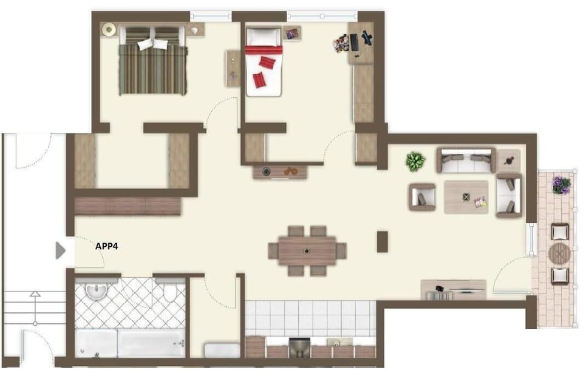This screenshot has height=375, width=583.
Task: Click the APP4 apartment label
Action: (107, 247)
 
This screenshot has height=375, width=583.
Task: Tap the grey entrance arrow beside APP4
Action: (60, 250)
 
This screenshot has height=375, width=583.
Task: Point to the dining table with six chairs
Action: (307, 250)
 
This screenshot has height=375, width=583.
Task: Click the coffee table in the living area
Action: (466, 197)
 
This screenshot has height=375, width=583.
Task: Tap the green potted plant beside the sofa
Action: (416, 161)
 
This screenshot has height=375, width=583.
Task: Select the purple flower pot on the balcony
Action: (561, 185)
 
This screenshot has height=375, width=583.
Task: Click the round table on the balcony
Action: (559, 253)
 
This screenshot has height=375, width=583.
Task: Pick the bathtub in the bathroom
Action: (130, 344)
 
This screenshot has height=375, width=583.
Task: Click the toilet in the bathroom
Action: (170, 293)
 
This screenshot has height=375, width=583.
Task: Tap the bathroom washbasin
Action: (96, 292)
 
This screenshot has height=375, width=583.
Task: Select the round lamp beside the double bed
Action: (109, 29)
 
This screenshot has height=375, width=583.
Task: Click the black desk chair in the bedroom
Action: (367, 38)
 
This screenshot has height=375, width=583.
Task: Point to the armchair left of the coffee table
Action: (422, 197)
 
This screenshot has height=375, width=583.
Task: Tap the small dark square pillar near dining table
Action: (382, 241)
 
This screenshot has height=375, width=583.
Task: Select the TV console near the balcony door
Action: (454, 289)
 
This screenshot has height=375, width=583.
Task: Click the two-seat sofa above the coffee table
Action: (465, 160)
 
